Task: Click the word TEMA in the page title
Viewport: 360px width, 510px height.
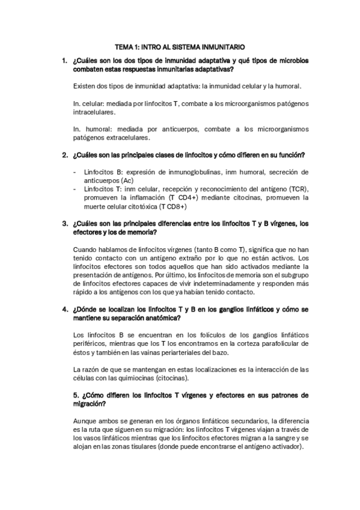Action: point(123,46)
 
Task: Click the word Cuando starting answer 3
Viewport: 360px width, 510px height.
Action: point(85,248)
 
